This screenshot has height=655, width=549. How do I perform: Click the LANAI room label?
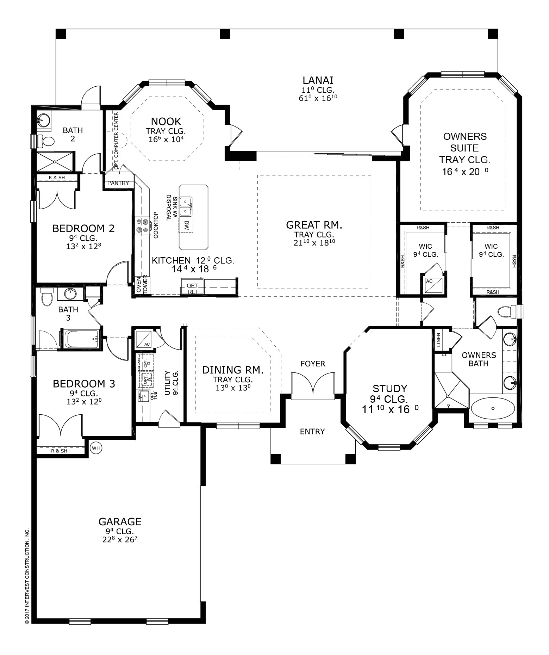318,80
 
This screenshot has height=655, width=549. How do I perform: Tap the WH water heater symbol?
96,448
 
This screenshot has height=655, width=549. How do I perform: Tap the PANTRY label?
118,183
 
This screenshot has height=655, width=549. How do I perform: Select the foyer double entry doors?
313,385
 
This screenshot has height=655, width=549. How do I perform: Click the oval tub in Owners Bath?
492,408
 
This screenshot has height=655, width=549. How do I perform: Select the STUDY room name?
390,388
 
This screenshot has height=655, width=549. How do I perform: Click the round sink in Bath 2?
43,120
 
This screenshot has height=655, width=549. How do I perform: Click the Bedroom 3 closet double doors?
61,425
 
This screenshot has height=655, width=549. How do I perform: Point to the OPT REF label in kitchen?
192,289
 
